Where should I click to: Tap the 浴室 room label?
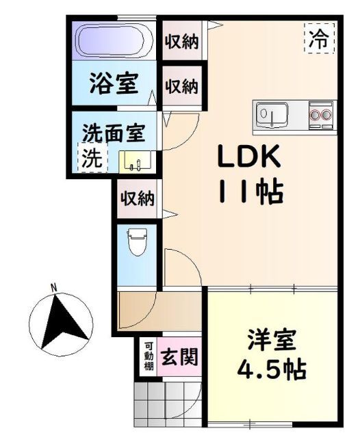pyautogui.click(x=114, y=85)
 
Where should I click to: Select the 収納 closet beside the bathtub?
pyautogui.click(x=181, y=42)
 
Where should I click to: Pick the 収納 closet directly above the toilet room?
pyautogui.click(x=138, y=199)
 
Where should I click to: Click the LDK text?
pyautogui.click(x=248, y=159)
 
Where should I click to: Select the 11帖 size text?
pyautogui.click(x=250, y=194)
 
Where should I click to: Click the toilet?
pyautogui.click(x=137, y=242)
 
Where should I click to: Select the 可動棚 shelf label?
pyautogui.click(x=148, y=357)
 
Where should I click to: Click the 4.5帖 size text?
pyautogui.click(x=271, y=371)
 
